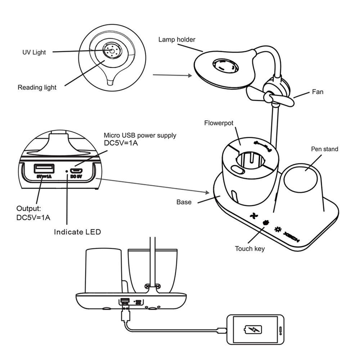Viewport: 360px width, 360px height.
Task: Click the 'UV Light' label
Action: point(34,52)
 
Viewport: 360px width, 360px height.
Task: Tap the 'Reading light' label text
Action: point(37,87)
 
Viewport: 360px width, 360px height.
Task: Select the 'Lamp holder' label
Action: point(177,39)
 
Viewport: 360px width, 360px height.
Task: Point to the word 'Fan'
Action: point(318,92)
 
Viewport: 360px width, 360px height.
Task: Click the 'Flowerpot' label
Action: point(219,123)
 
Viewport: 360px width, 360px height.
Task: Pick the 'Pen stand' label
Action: point(324,149)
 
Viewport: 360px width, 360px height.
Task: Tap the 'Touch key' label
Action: point(250,248)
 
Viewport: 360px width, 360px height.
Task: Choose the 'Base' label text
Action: point(184,202)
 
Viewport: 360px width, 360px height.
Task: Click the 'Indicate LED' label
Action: point(77,232)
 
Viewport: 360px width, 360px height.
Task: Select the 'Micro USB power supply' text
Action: point(140,135)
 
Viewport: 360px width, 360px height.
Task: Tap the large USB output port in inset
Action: point(44,168)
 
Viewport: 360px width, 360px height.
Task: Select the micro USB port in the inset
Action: point(77,170)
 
